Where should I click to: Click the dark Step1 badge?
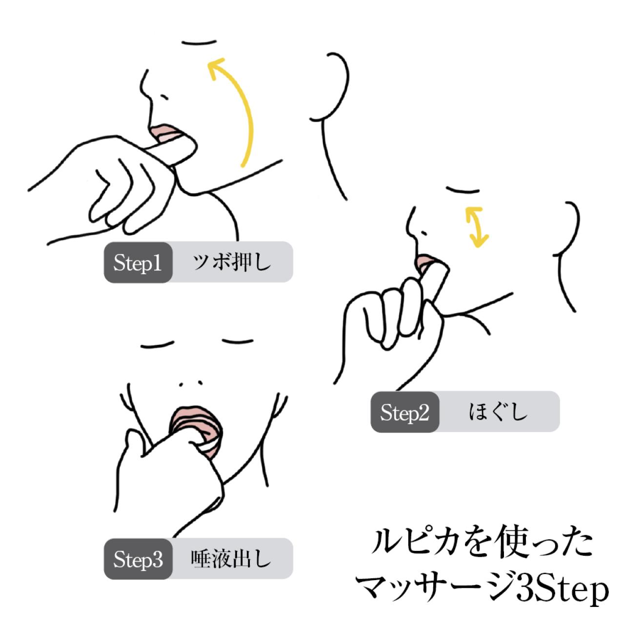click(x=138, y=262)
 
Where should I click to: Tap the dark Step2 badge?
click(x=405, y=412)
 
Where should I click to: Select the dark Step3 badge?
click(x=138, y=559)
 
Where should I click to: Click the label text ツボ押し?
click(x=232, y=262)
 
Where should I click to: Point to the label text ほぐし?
click(x=498, y=412)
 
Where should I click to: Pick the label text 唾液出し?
click(x=231, y=559)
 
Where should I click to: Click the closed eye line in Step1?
click(x=199, y=42)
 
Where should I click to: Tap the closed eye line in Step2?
click(x=463, y=190)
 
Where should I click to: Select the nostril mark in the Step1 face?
click(x=164, y=97)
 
